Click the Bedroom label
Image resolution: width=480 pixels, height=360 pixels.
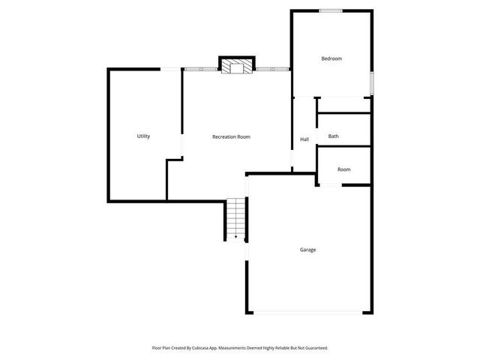click(x=331, y=58)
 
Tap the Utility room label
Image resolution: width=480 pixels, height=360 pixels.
click(x=143, y=136)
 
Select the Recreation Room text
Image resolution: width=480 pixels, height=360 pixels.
click(x=231, y=136)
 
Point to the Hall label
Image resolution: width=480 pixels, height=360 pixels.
click(x=304, y=139)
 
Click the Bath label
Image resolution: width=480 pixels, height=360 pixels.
click(x=334, y=136)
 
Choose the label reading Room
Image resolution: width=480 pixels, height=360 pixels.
click(x=343, y=169)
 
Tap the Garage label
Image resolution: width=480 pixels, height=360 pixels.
click(x=307, y=250)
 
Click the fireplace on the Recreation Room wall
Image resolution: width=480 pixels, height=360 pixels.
click(x=237, y=67)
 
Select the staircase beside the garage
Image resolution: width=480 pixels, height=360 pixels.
click(x=235, y=219)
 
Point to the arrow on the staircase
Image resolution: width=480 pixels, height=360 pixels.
click(x=235, y=236)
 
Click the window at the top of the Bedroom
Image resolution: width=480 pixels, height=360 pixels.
click(x=331, y=10)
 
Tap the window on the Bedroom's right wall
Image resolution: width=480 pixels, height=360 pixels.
click(x=371, y=82)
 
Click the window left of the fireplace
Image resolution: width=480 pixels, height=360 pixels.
click(x=201, y=70)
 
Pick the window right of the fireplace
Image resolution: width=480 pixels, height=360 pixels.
click(x=272, y=70)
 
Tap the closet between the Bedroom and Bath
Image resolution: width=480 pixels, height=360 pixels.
click(x=343, y=105)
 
